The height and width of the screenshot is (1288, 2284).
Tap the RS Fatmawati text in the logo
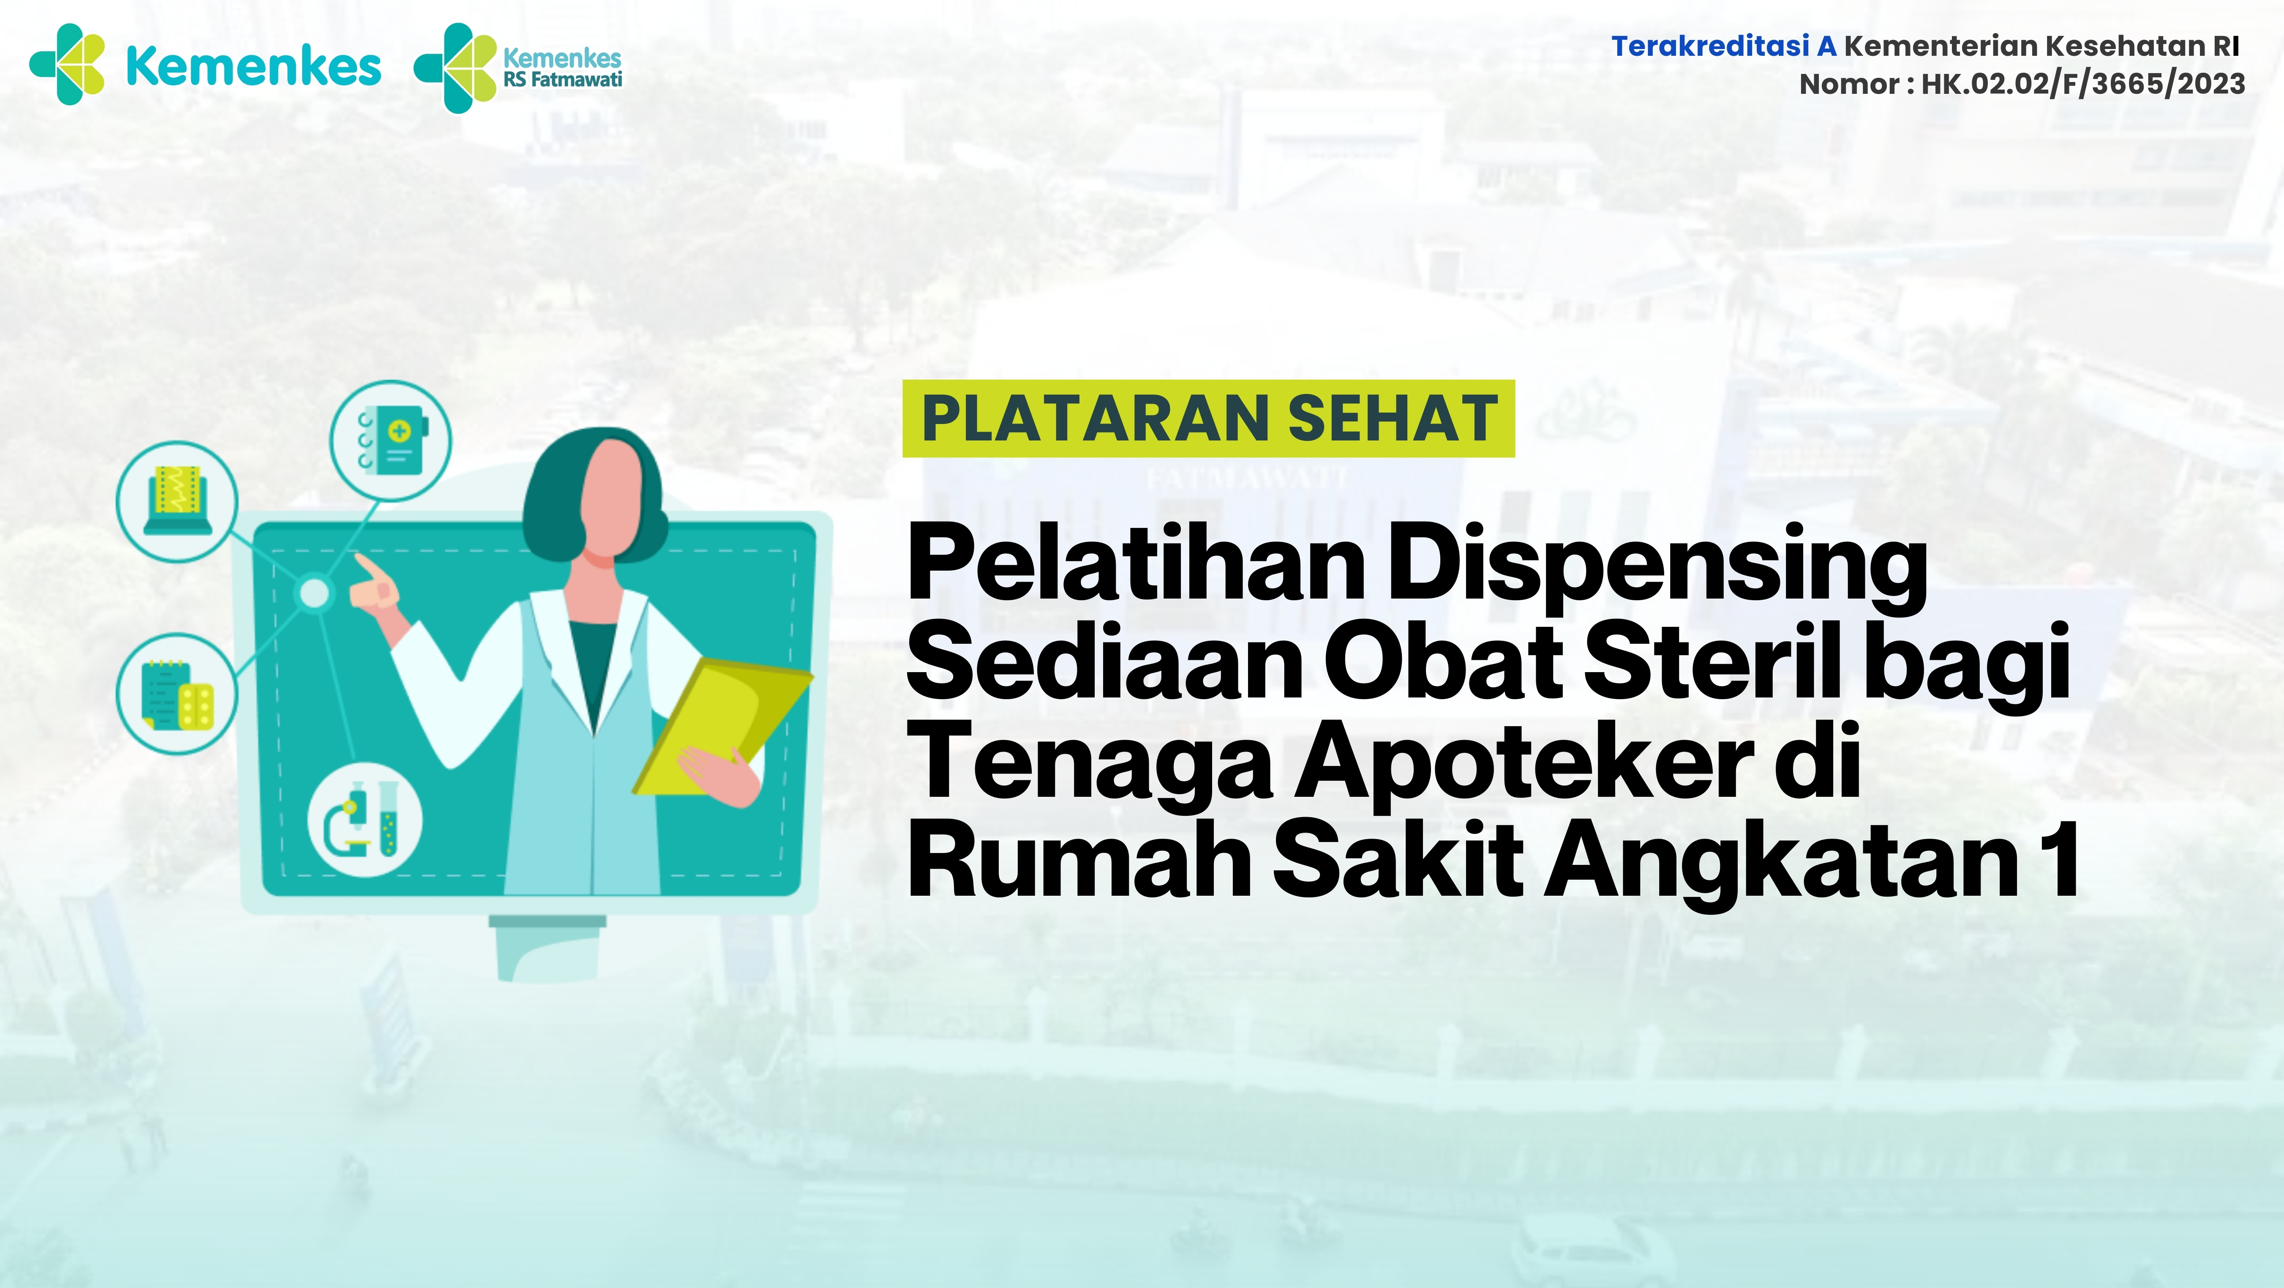(x=563, y=79)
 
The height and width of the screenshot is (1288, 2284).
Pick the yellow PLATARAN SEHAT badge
(x=1208, y=418)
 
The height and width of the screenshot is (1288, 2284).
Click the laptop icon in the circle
(x=177, y=501)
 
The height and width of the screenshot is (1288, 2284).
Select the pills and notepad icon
(x=177, y=694)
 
